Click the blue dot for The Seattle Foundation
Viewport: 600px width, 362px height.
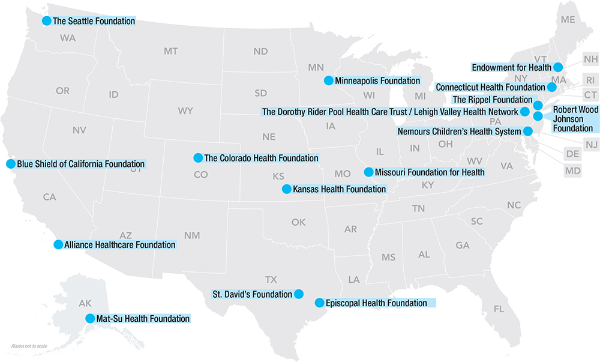coord(46,20)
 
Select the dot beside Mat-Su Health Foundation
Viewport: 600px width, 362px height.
coord(90,318)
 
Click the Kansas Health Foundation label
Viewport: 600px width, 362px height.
coord(339,189)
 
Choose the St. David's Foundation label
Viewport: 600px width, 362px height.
coord(253,294)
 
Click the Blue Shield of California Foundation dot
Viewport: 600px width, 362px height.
coord(10,163)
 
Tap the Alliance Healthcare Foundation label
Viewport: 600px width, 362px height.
coord(119,244)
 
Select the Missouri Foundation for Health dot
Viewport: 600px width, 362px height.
coord(368,172)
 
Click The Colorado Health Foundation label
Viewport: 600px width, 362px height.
coord(261,158)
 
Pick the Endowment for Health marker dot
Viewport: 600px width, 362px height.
coord(557,67)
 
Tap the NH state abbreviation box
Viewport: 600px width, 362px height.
coord(590,59)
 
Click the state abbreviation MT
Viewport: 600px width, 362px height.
coord(170,52)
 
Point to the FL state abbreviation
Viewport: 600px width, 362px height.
coord(499,309)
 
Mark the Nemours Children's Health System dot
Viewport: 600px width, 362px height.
coord(527,131)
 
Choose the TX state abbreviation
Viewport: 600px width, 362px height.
coord(271,279)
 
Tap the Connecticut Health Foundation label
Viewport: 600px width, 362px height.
coord(490,88)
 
